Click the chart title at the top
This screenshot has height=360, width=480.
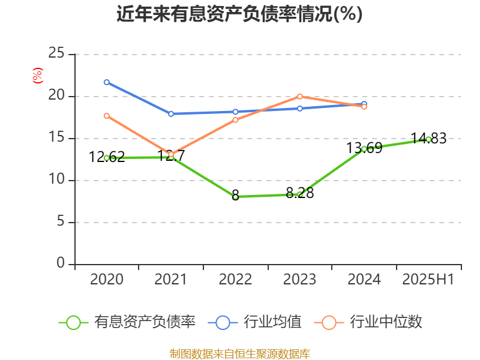[239, 14]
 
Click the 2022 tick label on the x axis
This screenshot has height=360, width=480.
[235, 279]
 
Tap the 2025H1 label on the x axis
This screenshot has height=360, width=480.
[428, 279]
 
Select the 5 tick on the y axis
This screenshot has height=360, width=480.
[60, 222]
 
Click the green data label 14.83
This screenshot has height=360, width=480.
[428, 139]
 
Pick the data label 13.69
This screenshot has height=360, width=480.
[364, 148]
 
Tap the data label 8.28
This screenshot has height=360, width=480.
[300, 193]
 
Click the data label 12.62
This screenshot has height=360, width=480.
[107, 157]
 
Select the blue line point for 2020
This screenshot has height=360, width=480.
[107, 82]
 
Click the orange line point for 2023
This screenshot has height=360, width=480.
[300, 96]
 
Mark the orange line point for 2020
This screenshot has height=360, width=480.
[107, 116]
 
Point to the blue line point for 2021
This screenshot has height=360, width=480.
[171, 113]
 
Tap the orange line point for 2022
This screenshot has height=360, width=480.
[235, 120]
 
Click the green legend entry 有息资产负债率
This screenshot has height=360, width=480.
[127, 322]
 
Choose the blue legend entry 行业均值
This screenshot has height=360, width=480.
[255, 322]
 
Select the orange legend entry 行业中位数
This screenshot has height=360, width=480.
[372, 322]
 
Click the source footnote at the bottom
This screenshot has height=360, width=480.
[239, 353]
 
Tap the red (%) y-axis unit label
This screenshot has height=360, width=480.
[38, 76]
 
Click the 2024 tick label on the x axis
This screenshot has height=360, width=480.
[364, 279]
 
